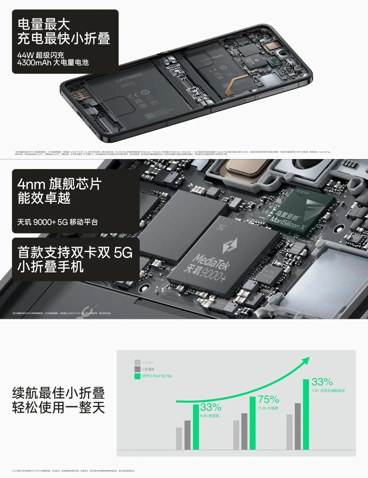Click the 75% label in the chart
coord(268,399)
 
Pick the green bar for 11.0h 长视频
coord(253,423)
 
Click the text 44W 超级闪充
coord(41,55)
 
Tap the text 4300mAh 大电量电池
coord(53,63)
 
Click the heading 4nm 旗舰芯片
coord(59,184)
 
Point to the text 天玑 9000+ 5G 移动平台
coord(57,222)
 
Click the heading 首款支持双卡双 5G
coord(75,253)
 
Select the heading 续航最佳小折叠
coord(58,393)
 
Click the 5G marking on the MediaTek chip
coord(221,228)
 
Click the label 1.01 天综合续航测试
coord(328,391)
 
